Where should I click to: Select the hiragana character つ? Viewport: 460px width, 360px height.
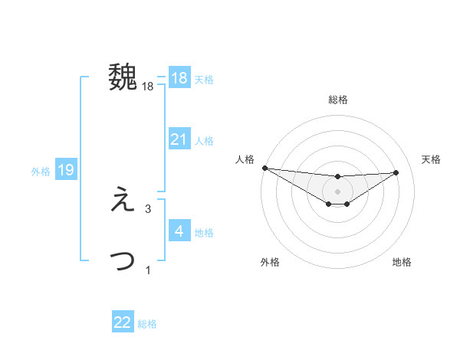click(123, 260)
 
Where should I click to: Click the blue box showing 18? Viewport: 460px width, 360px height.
click(179, 78)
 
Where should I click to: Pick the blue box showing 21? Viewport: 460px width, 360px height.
click(179, 139)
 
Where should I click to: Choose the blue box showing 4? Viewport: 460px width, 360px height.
click(179, 231)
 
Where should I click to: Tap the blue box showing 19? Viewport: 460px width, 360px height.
click(66, 170)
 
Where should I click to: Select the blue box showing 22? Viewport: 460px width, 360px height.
click(123, 322)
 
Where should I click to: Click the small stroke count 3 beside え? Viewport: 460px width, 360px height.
click(148, 208)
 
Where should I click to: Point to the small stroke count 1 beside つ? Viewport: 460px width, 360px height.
click(148, 270)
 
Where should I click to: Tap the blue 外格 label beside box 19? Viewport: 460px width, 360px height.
click(41, 172)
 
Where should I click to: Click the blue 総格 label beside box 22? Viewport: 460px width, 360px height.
click(147, 324)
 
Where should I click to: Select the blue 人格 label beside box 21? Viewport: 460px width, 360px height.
click(204, 141)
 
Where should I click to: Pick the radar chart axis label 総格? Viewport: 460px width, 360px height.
click(338, 100)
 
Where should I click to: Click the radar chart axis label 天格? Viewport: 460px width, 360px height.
click(432, 159)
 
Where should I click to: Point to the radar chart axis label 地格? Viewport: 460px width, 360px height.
click(402, 262)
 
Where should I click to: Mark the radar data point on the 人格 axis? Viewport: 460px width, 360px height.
click(264, 168)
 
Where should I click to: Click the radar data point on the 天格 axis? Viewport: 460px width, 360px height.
click(396, 172)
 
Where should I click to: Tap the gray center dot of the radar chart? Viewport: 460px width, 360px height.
click(338, 191)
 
